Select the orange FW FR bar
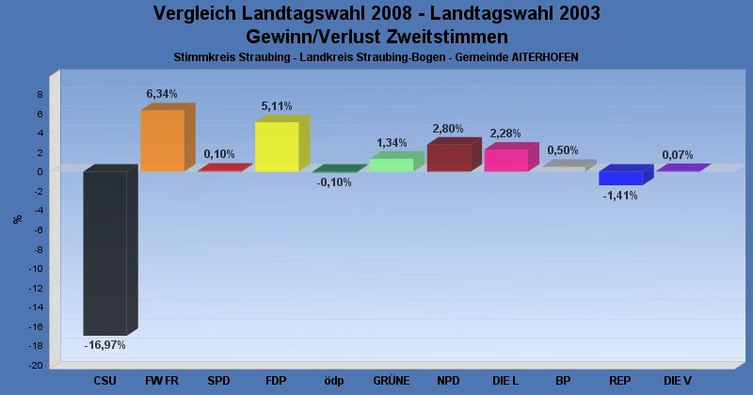tap(162, 140)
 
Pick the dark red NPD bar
tap(449, 157)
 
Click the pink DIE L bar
tap(505, 160)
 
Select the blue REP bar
tap(620, 178)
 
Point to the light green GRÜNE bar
tap(391, 165)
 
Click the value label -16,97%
tap(104, 345)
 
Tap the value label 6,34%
tap(161, 94)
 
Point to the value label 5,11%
tap(276, 106)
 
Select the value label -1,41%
tap(620, 196)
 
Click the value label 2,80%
tap(448, 128)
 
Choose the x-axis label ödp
tap(334, 381)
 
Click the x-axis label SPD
tap(218, 381)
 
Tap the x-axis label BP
tap(563, 381)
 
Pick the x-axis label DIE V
tap(677, 381)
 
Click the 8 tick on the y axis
tap(40, 94)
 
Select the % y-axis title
tap(17, 219)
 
